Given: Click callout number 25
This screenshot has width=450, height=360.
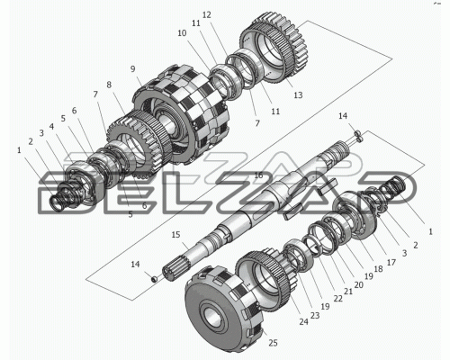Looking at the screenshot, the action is [273, 343].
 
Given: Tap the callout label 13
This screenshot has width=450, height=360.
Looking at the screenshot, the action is [298, 95].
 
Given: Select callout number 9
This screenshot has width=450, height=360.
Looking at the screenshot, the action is [133, 69].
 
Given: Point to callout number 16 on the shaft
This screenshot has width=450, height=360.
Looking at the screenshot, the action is [258, 175].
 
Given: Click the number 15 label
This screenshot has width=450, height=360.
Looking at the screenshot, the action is [175, 235].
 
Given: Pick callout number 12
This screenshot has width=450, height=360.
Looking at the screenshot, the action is [207, 14].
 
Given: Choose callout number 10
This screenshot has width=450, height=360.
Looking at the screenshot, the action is [182, 33].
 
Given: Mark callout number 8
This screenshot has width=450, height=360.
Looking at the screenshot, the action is [109, 85].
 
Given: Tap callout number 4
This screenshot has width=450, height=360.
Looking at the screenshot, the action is [51, 127].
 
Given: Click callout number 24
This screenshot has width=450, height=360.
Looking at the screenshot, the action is [303, 322].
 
